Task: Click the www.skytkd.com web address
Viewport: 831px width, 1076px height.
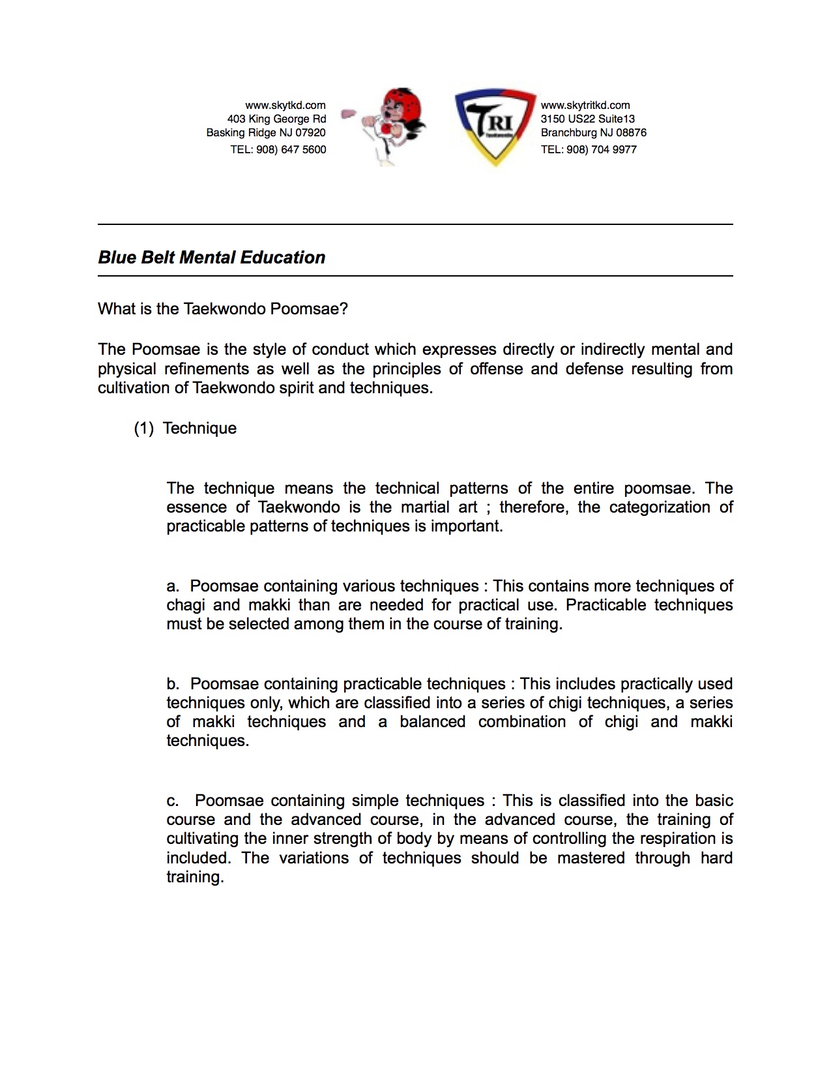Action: coord(285,105)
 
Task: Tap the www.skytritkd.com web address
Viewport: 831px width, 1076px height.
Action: coord(585,105)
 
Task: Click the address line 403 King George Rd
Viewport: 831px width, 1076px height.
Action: coord(276,119)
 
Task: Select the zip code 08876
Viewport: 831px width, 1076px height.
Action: coord(631,132)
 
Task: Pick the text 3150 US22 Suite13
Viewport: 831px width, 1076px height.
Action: coord(587,119)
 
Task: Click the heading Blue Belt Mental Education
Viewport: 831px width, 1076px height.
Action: coord(211,258)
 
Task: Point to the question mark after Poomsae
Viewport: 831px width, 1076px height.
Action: coord(343,308)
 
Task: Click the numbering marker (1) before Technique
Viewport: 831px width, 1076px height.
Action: coord(143,428)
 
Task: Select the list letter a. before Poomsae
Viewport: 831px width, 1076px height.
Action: coord(173,586)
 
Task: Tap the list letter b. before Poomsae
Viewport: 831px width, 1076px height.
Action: coord(173,684)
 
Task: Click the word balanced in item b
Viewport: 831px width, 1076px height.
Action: coord(432,722)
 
